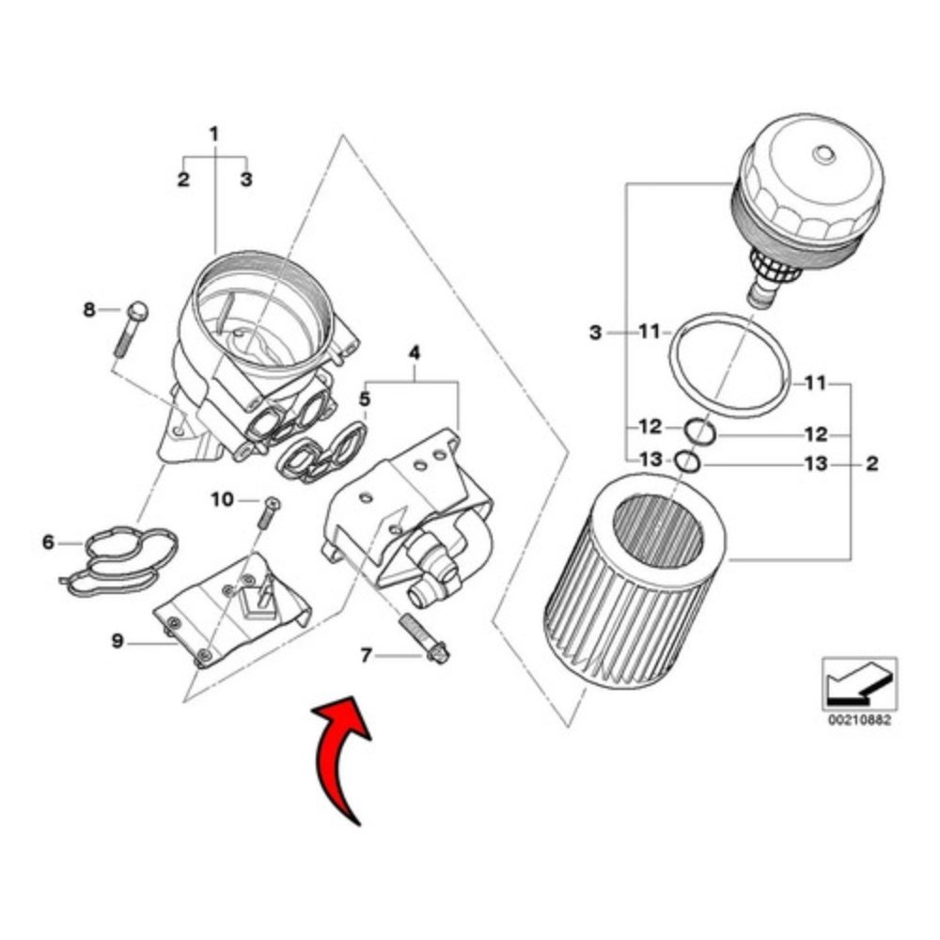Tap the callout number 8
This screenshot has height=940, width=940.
(x=88, y=310)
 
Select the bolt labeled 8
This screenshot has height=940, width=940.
(x=130, y=328)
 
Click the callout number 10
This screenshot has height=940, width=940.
(x=222, y=499)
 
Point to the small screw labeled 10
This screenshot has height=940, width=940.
(x=268, y=512)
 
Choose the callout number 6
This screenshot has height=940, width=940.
(x=48, y=542)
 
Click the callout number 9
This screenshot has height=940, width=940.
(x=117, y=641)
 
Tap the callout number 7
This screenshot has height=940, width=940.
(x=366, y=655)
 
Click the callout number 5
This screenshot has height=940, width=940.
(x=365, y=399)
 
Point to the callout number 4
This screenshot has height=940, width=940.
(x=415, y=353)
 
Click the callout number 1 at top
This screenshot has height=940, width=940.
(x=214, y=133)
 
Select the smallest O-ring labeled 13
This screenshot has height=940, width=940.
(x=688, y=462)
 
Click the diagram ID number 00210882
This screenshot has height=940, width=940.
(x=860, y=719)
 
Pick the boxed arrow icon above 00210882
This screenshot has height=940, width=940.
(x=860, y=683)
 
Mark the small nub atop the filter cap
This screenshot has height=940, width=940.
(x=823, y=155)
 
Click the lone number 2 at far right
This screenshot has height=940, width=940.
(x=872, y=462)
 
